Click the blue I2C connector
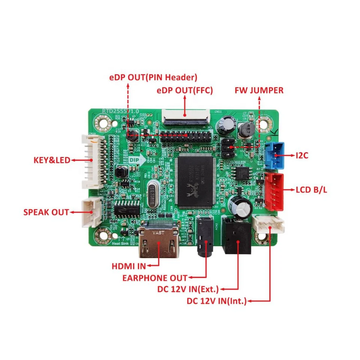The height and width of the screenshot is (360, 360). [275, 155]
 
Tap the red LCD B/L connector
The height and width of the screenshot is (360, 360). [274, 191]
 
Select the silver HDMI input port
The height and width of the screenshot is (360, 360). [159, 243]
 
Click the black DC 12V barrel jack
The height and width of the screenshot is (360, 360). [236, 235]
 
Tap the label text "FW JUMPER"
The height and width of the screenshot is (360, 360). [259, 90]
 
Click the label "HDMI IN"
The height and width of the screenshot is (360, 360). [128, 267]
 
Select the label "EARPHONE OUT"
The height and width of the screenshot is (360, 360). [155, 278]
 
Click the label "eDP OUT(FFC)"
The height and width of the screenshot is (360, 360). [185, 90]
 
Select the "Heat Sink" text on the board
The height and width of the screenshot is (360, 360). [121, 243]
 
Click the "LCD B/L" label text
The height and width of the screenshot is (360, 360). [311, 190]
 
